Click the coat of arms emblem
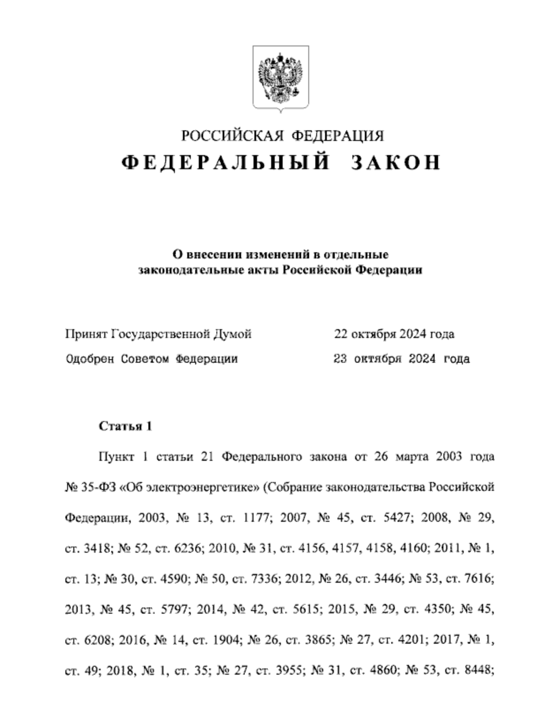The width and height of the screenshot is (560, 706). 280,78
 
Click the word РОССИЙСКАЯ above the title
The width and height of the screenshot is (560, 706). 232,136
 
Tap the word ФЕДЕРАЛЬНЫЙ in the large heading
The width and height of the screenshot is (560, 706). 226,162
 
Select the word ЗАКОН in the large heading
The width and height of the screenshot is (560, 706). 396,162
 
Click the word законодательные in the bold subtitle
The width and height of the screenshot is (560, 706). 182,269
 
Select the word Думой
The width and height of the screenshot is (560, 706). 232,334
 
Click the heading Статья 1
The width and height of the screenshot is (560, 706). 125,426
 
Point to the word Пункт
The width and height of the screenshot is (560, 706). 116,456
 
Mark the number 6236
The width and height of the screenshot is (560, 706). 188,548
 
